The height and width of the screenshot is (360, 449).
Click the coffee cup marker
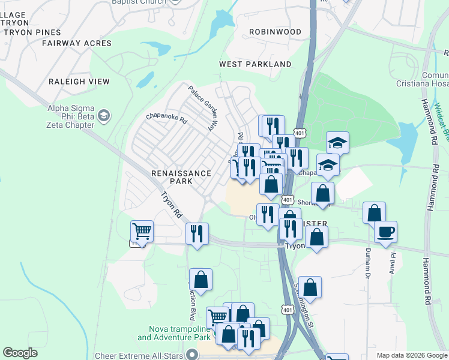click(x=385, y=232)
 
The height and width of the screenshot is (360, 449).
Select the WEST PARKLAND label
click(x=255, y=64)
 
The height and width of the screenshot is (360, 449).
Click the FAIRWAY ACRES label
click(x=77, y=43)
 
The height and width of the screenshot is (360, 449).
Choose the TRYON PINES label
click(x=31, y=32)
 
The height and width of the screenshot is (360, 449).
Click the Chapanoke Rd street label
click(x=166, y=119)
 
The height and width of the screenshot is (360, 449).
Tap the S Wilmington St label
click(x=304, y=300)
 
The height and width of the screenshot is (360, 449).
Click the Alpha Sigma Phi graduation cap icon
click(x=104, y=115)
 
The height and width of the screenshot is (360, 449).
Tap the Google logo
click(x=20, y=353)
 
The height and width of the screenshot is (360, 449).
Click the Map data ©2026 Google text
click(x=412, y=355)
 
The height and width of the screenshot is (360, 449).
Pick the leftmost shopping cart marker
click(x=142, y=231)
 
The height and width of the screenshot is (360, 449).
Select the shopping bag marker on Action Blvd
click(x=200, y=280)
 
